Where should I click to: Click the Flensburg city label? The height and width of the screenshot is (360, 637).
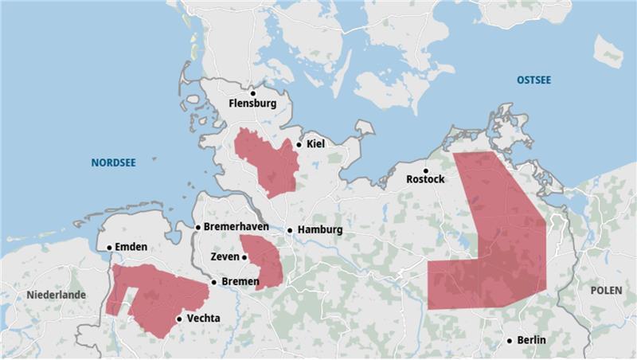click(x=252, y=104)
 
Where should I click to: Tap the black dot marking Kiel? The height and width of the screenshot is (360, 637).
click(x=299, y=145)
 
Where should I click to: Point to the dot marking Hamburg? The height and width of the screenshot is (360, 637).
click(x=290, y=230)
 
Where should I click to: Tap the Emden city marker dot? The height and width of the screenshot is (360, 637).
click(x=109, y=247)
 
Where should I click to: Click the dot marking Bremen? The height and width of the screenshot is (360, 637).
click(x=214, y=282)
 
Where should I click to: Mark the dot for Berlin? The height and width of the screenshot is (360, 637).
click(x=510, y=341)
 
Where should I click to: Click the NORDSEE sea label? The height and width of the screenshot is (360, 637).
click(x=113, y=162)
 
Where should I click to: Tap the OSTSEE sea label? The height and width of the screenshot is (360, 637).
click(x=533, y=80)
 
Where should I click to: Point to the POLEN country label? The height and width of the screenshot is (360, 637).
click(x=607, y=291)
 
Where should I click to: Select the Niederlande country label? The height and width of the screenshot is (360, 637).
click(x=56, y=295)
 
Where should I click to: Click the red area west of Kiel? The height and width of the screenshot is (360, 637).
click(x=267, y=159)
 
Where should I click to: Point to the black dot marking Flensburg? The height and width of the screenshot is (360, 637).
click(x=252, y=92)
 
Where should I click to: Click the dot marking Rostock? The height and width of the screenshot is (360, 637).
click(x=425, y=170)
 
